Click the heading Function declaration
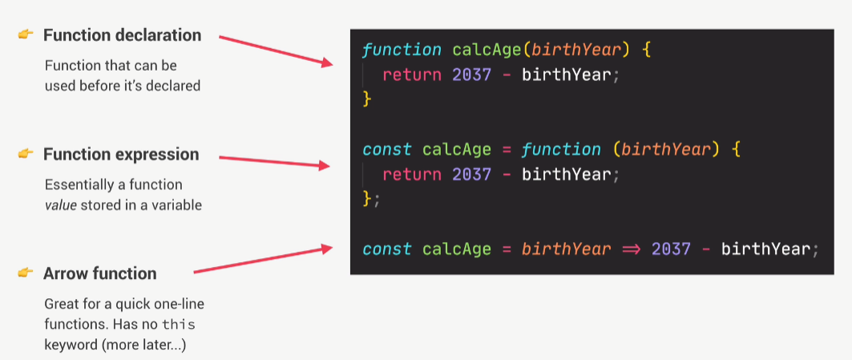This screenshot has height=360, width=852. [122, 35]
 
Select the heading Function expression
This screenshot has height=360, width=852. [121, 154]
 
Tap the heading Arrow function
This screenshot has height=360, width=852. [100, 273]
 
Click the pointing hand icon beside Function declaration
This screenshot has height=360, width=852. [25, 34]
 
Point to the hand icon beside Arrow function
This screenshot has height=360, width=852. [25, 273]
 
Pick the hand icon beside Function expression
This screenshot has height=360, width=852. [25, 153]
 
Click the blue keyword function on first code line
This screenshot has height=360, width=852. [402, 50]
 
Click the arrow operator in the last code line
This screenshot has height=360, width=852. [630, 249]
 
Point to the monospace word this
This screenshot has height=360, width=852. [179, 325]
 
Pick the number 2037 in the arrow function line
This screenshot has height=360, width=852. [671, 249]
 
